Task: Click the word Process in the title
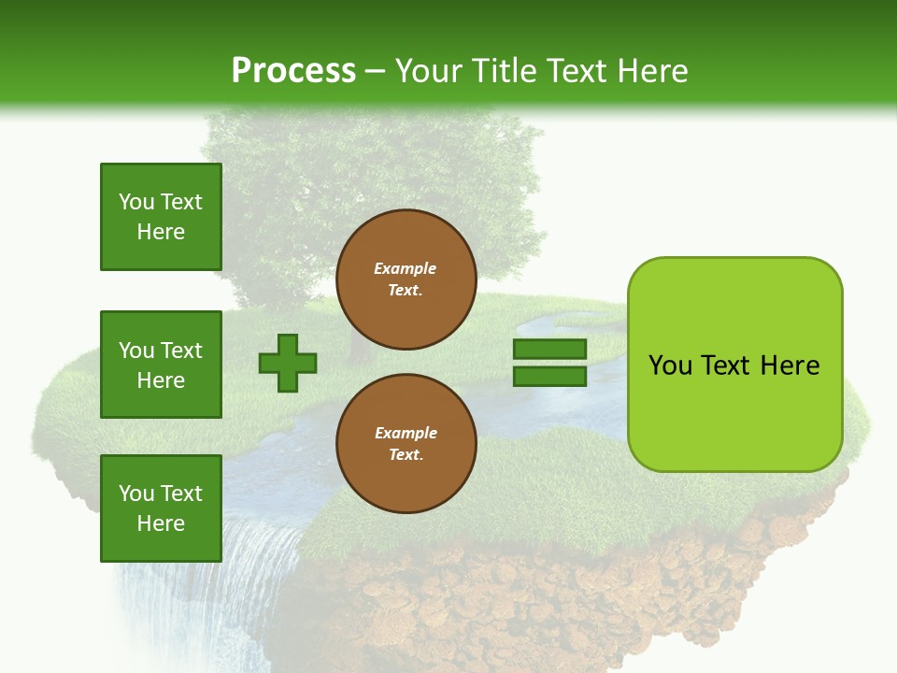pyautogui.click(x=293, y=70)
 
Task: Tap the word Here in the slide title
pyautogui.click(x=650, y=70)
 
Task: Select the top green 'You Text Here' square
pyautogui.click(x=161, y=217)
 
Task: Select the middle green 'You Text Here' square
pyautogui.click(x=161, y=365)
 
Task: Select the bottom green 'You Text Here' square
pyautogui.click(x=161, y=508)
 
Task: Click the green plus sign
pyautogui.click(x=288, y=363)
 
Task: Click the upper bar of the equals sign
pyautogui.click(x=550, y=349)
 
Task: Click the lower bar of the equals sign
pyautogui.click(x=550, y=376)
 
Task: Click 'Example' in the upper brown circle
pyautogui.click(x=406, y=268)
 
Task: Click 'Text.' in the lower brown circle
pyautogui.click(x=406, y=454)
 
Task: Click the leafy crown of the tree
pyautogui.click(x=374, y=178)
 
